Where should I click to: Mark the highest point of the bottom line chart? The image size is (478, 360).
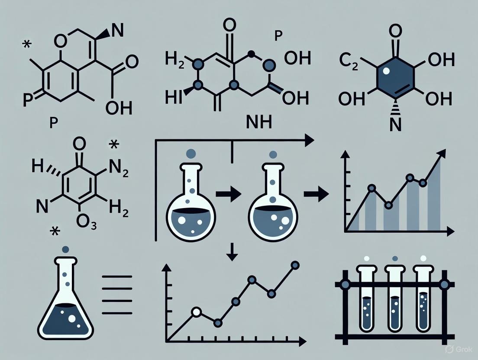pos(295,265)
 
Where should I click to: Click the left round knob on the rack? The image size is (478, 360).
pos(345,284)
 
